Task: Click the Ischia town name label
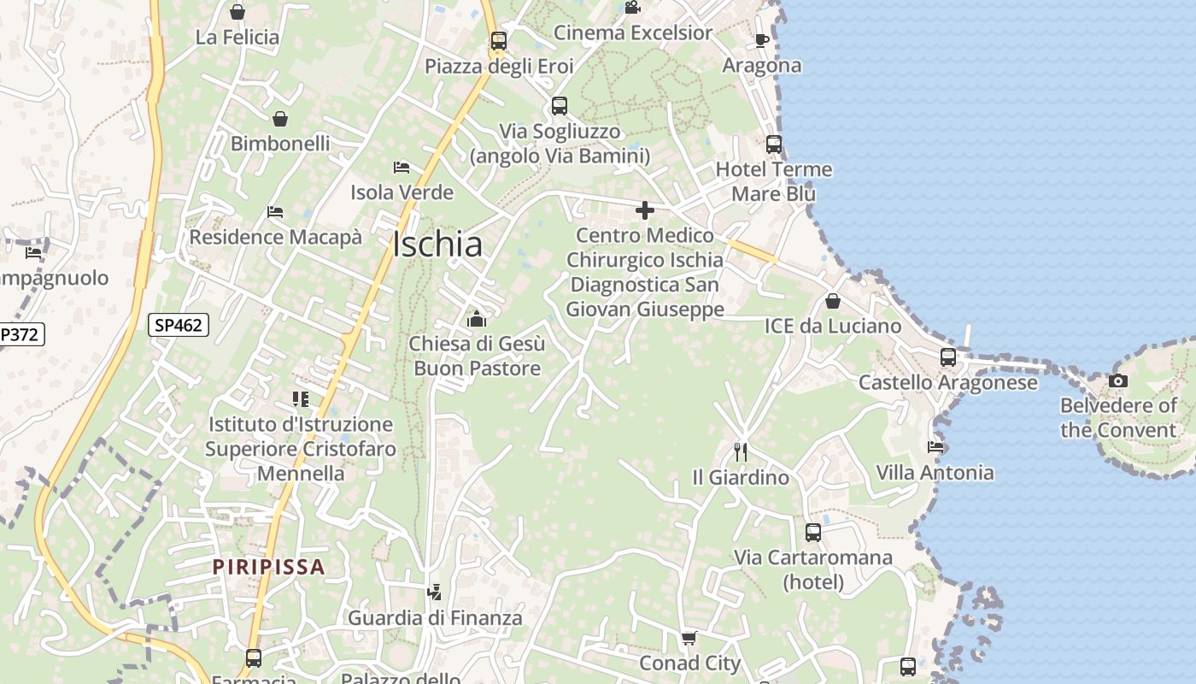click(438, 245)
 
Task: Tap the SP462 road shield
click(179, 325)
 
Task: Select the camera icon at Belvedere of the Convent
click(1117, 380)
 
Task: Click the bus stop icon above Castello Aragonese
click(948, 357)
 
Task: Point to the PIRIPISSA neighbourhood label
click(269, 566)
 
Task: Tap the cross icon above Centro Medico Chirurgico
click(645, 210)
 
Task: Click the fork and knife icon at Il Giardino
click(741, 451)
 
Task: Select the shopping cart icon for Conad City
click(689, 638)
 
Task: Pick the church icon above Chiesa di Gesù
click(476, 319)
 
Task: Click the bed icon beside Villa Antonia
click(935, 446)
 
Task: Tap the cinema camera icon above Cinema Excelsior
click(632, 8)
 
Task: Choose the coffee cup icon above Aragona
click(762, 40)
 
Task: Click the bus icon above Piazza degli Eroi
click(499, 41)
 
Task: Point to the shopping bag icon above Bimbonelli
click(279, 119)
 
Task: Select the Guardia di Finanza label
click(435, 617)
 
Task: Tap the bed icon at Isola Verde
click(402, 168)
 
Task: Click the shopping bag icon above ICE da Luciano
click(832, 301)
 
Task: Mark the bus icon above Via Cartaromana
click(813, 533)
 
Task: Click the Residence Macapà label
click(275, 237)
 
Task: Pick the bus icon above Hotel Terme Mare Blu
click(774, 144)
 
